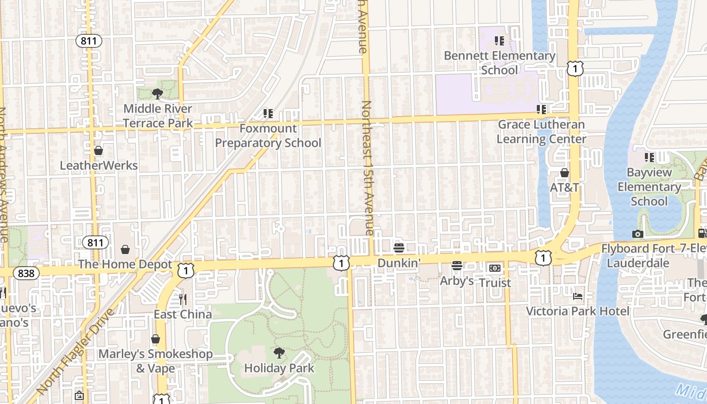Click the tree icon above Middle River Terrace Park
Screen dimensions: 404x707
click(x=157, y=93)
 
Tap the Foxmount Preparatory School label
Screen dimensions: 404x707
click(x=268, y=136)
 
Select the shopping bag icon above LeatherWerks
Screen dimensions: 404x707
click(x=98, y=150)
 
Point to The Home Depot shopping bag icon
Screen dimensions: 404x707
click(x=125, y=249)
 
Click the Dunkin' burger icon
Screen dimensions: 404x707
click(x=399, y=248)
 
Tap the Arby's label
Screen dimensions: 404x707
click(x=457, y=281)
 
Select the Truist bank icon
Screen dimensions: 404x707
click(x=495, y=268)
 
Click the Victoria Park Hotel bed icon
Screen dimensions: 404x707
click(x=578, y=296)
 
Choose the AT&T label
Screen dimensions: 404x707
click(x=565, y=187)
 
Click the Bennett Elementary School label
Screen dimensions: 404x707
click(x=499, y=63)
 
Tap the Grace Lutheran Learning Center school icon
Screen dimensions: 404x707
click(x=541, y=109)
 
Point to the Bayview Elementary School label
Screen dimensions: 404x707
click(x=649, y=187)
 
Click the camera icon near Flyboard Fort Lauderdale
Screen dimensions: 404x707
click(x=638, y=234)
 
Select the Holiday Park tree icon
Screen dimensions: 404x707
click(x=279, y=352)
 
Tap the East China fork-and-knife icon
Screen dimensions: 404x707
click(x=183, y=299)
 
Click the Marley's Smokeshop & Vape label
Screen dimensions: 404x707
click(x=156, y=361)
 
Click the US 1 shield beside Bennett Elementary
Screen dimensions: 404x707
click(x=575, y=68)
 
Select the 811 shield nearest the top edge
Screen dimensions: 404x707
click(x=90, y=41)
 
